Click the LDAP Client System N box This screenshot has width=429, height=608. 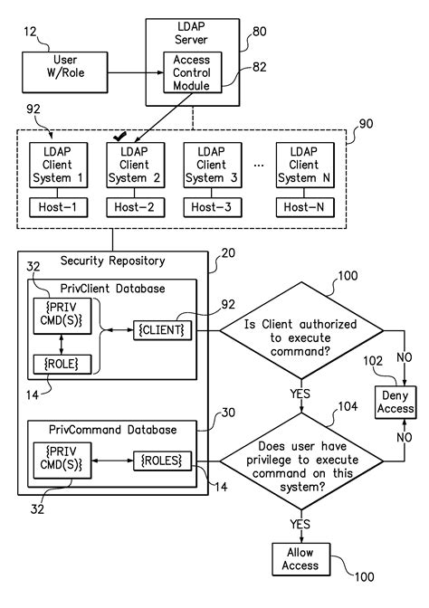[306, 166]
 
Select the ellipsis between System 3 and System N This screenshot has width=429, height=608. [260, 166]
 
